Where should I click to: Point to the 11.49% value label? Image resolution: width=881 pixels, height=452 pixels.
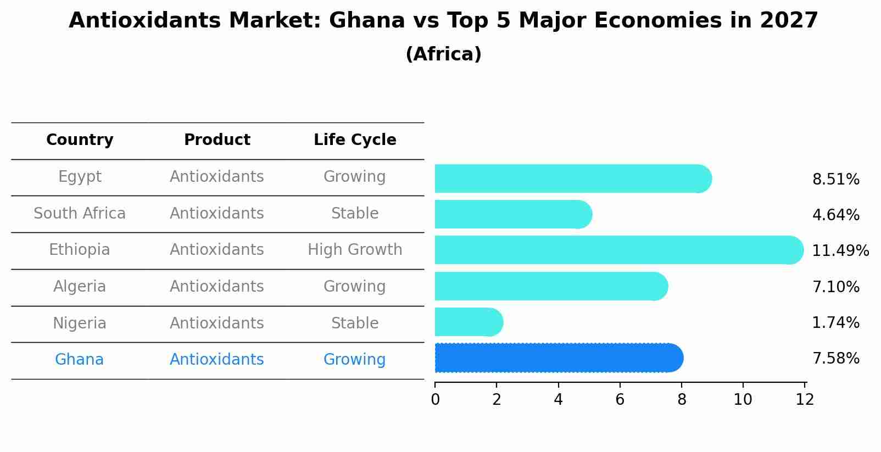(x=840, y=251)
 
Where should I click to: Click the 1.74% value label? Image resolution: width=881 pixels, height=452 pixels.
(x=835, y=323)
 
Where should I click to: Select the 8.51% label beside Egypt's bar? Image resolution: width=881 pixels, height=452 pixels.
(x=835, y=180)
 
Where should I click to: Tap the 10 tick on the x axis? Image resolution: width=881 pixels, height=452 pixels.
(x=743, y=400)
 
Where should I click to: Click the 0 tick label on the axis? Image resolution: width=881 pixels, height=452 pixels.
(x=435, y=400)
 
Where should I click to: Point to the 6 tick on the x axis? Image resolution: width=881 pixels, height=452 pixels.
(x=620, y=400)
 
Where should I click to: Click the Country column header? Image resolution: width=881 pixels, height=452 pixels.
(x=80, y=140)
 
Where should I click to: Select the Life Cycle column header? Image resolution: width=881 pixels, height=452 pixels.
(x=355, y=140)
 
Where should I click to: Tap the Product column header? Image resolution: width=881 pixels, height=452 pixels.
(x=217, y=140)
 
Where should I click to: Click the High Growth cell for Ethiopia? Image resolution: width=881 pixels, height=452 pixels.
(x=355, y=250)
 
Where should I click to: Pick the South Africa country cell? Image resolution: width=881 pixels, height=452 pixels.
(x=80, y=214)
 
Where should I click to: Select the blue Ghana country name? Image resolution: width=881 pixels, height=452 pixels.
(x=79, y=360)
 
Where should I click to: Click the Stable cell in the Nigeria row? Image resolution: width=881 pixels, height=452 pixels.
(x=355, y=323)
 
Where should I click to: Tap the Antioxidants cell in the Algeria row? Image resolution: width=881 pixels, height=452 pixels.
(x=217, y=287)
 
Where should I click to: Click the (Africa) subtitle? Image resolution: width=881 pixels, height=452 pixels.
(x=443, y=54)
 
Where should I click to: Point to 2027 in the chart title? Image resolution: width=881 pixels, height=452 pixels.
(x=789, y=21)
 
